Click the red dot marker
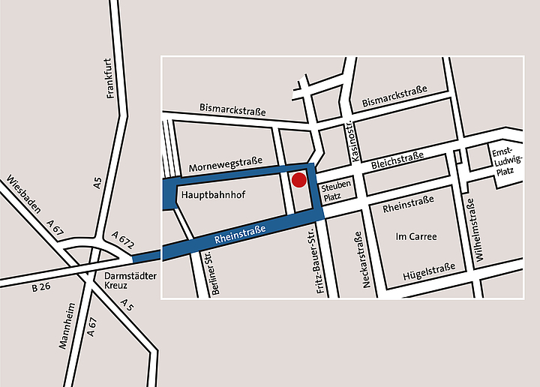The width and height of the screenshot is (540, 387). coord(298,180)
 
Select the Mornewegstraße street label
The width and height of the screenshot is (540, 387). coord(226,165)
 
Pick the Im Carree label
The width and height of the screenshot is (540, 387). coord(415,237)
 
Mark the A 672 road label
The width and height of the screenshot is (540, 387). coord(121,241)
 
